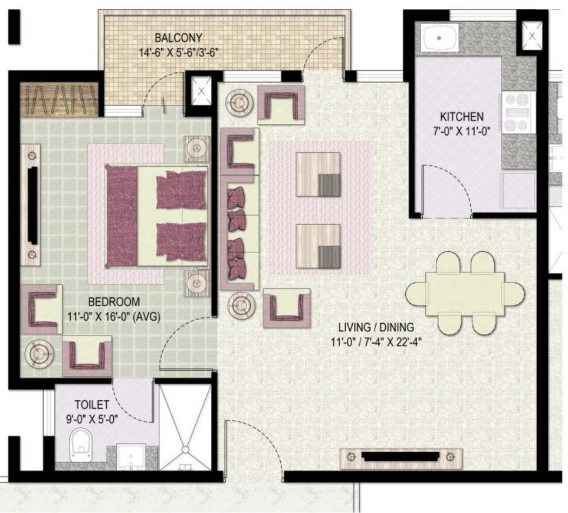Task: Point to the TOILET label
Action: (x=91, y=405)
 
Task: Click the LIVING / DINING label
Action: (x=376, y=327)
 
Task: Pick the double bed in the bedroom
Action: (x=156, y=215)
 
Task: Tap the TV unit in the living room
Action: (x=400, y=458)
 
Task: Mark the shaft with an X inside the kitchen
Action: (x=531, y=35)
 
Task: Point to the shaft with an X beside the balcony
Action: (x=201, y=91)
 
